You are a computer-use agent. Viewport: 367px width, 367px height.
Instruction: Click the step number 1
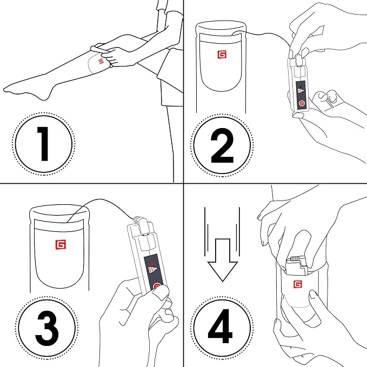click(43, 144)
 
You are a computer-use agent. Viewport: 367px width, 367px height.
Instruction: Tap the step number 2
click(222, 145)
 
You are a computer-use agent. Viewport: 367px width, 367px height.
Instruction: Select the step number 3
click(47, 328)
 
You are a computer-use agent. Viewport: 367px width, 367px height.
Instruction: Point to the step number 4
click(220, 326)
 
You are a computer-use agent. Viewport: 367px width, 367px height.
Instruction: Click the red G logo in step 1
click(101, 61)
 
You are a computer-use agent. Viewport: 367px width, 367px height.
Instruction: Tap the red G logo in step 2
click(222, 55)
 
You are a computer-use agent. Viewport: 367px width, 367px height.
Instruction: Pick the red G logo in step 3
click(61, 245)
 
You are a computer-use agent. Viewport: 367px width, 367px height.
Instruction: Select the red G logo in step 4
click(297, 284)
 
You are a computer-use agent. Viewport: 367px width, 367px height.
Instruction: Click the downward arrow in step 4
click(223, 260)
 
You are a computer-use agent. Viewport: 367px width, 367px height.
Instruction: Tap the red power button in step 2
click(302, 103)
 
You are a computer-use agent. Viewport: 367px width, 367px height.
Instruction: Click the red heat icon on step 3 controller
click(152, 269)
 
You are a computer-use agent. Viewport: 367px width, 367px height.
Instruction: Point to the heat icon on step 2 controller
click(301, 90)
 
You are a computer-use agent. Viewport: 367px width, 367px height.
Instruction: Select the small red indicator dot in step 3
click(152, 264)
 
